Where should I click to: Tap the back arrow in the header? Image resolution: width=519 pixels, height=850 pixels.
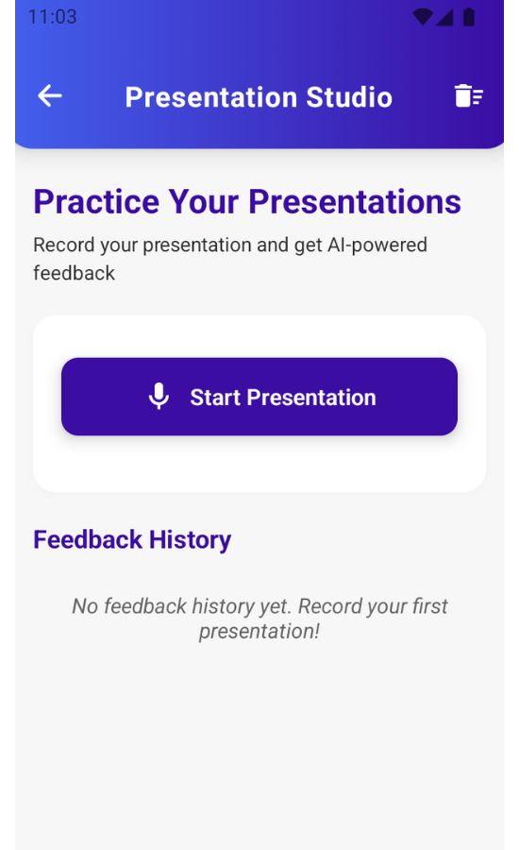click(x=49, y=96)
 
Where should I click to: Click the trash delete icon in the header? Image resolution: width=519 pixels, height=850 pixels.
click(x=468, y=96)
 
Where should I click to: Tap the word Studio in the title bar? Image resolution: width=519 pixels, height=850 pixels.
click(x=349, y=97)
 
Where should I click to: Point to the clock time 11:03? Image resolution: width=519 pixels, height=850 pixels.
click(x=52, y=17)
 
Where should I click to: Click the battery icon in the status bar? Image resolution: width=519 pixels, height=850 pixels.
click(x=469, y=17)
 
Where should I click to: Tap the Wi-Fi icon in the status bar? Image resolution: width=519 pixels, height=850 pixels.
click(x=423, y=17)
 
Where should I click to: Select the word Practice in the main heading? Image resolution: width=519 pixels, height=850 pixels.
click(x=96, y=202)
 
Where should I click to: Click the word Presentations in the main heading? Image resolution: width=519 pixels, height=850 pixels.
click(x=355, y=202)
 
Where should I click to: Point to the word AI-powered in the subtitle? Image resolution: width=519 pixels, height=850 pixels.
click(x=377, y=245)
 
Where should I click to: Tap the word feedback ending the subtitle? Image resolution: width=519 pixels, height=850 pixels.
click(x=75, y=273)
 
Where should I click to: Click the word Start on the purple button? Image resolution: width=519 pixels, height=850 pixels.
click(x=215, y=398)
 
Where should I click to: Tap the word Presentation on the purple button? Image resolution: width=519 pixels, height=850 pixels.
click(x=311, y=398)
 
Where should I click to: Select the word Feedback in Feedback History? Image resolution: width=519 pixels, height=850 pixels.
click(x=88, y=539)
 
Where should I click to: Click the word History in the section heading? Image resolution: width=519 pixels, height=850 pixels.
click(x=191, y=540)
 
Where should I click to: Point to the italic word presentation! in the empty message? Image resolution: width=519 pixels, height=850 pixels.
click(x=259, y=632)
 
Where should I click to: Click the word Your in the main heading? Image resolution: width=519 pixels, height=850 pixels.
click(x=204, y=202)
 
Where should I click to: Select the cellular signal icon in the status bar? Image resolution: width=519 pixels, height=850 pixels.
click(x=444, y=17)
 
